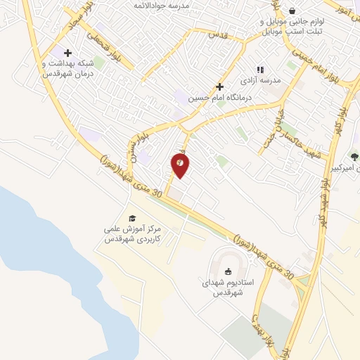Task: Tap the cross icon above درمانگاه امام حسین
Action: pyautogui.click(x=220, y=87)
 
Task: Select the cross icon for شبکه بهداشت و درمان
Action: pyautogui.click(x=67, y=53)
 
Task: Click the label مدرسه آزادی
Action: pyautogui.click(x=265, y=80)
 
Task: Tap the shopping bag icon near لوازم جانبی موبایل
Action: pyautogui.click(x=291, y=11)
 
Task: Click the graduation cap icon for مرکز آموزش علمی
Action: pyautogui.click(x=131, y=218)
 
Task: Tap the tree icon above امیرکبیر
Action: pyautogui.click(x=354, y=156)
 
